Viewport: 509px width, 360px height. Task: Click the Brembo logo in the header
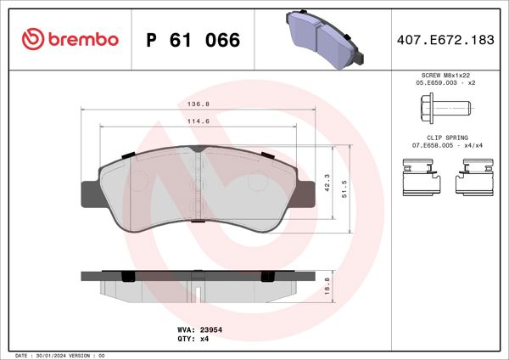[70, 40]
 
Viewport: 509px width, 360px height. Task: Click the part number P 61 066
[193, 40]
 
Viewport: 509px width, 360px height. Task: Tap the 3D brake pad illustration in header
[324, 38]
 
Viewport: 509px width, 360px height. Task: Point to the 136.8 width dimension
[198, 106]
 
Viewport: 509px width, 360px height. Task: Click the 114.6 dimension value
[198, 121]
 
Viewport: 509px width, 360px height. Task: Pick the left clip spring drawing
[420, 180]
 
